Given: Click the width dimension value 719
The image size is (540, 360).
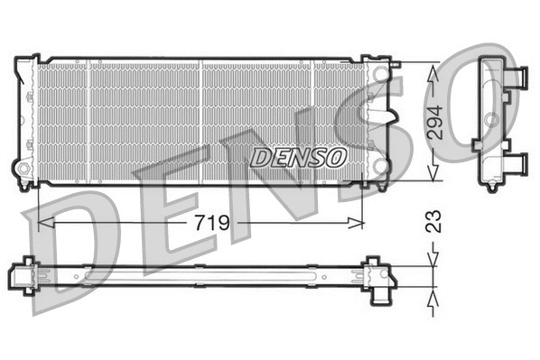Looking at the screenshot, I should click(208, 222).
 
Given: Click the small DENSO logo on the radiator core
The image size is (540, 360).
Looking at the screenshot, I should click(299, 157).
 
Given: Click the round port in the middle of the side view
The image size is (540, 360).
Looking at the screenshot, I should click(489, 120).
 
